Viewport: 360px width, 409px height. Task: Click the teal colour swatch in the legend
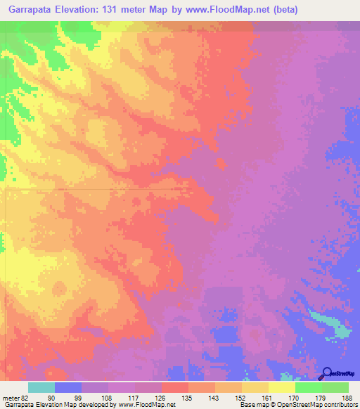coord(41,387)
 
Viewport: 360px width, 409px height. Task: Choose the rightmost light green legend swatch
coord(335,387)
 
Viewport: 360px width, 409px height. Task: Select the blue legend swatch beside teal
coord(68,387)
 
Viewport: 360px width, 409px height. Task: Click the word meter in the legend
coord(11,397)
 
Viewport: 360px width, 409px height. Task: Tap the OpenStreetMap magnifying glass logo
coord(326,372)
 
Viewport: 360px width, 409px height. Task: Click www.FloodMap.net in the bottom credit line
coord(146,405)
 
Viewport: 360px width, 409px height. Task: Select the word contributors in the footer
coord(340,405)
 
